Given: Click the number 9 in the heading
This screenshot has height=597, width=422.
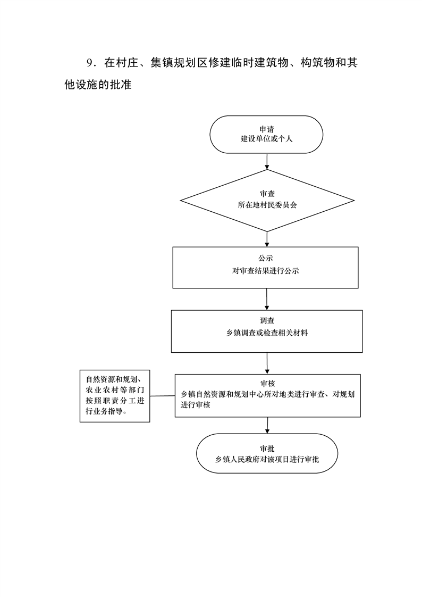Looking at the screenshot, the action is coord(90,63).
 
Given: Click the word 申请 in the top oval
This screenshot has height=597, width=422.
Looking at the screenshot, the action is coord(266,129).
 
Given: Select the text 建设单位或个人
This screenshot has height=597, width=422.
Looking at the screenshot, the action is coord(266,139).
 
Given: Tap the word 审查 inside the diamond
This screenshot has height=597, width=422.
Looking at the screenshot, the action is coord(267,194).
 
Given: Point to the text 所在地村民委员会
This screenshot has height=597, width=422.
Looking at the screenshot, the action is coord(267,205).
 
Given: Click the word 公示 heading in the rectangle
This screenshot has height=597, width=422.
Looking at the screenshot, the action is coord(266,258).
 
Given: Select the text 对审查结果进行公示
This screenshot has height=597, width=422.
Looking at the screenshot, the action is coord(266,271).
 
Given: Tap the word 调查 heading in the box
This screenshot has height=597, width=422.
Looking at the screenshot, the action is coord(267,321).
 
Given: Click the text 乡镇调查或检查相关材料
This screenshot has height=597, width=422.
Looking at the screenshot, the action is coord(267,333).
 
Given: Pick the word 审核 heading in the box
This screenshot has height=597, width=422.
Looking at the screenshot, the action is coord(268,384).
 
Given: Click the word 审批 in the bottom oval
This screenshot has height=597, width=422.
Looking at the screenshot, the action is coord(267,449).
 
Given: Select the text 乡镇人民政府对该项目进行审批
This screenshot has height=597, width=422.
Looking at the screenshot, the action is coord(267,460).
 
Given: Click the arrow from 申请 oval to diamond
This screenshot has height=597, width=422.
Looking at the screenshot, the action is coord(267,161).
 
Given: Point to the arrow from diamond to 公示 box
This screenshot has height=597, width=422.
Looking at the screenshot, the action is coord(267,239).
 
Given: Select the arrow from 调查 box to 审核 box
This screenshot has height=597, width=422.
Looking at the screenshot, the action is coord(267,363).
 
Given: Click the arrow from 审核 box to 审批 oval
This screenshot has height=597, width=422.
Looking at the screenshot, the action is coord(267,425).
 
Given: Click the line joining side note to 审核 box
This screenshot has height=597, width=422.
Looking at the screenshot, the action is coord(162,396).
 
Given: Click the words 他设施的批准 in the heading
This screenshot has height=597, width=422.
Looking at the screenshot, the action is coord(98,85).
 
